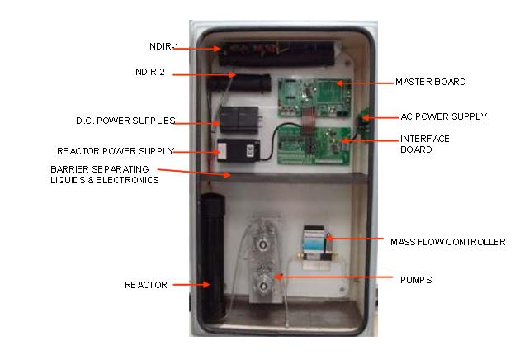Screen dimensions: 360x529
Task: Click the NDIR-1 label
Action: (x=154, y=47)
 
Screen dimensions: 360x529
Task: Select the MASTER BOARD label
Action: (x=431, y=82)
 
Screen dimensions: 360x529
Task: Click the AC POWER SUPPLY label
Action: (x=443, y=116)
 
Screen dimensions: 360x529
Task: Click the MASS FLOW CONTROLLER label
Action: (x=447, y=242)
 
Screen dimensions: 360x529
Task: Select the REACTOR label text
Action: (x=146, y=285)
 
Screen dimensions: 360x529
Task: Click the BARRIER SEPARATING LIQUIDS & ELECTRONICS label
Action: (x=104, y=174)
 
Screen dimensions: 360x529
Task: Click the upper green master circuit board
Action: (x=314, y=96)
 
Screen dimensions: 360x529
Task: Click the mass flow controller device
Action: (x=316, y=244)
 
